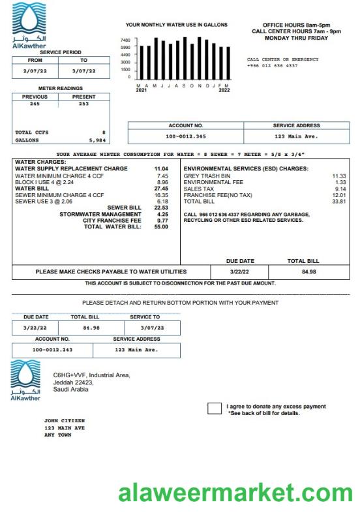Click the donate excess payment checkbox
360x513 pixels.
point(215,409)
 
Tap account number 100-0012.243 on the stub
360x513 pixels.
point(52,350)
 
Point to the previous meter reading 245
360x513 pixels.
point(35,104)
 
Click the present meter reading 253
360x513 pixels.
point(83,104)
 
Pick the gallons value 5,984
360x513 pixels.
point(97,140)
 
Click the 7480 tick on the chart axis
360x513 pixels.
point(126,40)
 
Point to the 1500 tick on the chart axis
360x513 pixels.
point(126,69)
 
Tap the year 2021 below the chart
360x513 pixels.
point(142,90)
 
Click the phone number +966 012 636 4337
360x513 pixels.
point(272,66)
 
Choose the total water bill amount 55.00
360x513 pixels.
point(161,226)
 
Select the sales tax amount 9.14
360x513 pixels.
point(340,189)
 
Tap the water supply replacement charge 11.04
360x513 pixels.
point(160,169)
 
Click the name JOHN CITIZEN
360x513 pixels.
point(64,421)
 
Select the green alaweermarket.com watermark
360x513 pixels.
point(235,493)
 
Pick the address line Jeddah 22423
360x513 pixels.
point(73,382)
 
